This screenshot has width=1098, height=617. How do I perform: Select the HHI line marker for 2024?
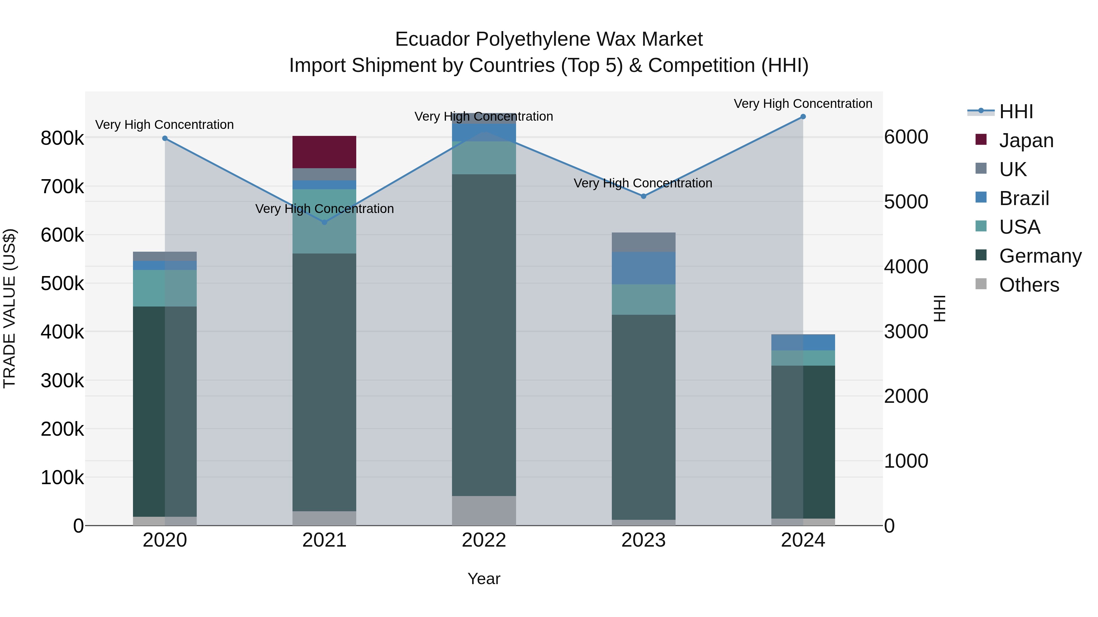pos(803,117)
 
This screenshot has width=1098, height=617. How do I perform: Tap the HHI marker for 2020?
pos(165,138)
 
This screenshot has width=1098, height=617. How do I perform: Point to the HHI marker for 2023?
pos(643,196)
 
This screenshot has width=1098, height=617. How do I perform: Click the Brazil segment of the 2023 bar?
pos(643,268)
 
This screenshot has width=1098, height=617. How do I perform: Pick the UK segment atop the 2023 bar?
pos(643,242)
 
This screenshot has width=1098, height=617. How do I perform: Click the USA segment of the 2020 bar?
pos(165,288)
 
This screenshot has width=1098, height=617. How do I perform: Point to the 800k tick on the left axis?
pos(62,138)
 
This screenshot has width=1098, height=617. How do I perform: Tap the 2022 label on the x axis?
pos(484,540)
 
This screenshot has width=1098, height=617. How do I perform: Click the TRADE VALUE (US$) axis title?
pos(9,308)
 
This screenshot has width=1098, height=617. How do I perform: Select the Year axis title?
pos(484,579)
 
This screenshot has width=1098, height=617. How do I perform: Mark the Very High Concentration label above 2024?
pos(803,104)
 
